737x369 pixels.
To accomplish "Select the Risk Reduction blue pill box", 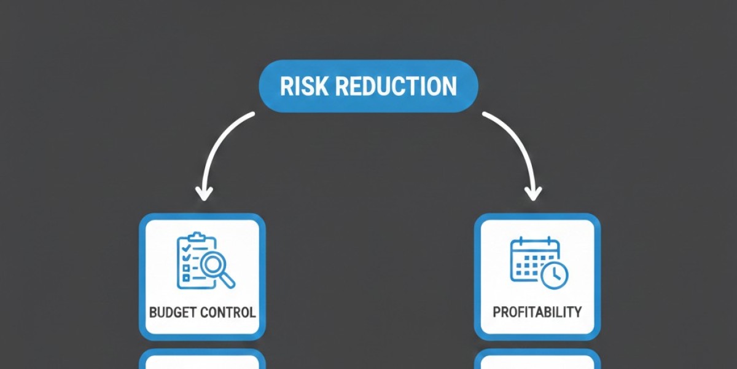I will coord(368,86).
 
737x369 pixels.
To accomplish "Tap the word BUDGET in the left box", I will coord(174,312).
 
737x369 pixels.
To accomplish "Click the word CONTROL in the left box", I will coord(228,312).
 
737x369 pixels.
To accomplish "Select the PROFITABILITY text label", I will coord(537,312).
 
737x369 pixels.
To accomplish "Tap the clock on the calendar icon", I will coord(555,274).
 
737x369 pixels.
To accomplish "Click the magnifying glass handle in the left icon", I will coord(228,280).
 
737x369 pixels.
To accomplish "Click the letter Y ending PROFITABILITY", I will coord(577,312).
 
